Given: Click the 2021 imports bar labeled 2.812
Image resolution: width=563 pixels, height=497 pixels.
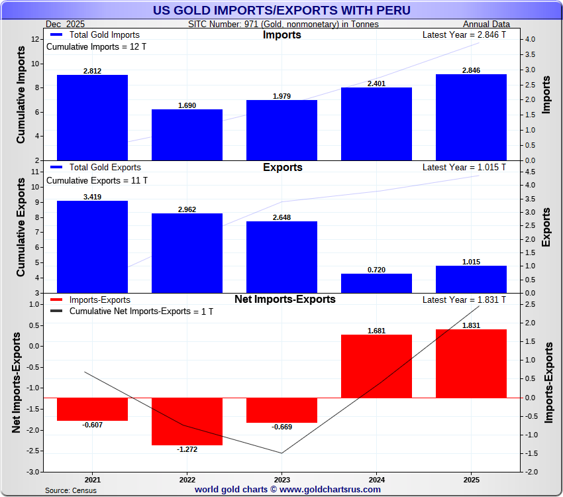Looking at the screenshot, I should pyautogui.click(x=92, y=117).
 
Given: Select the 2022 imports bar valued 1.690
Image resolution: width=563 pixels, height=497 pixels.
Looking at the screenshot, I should pyautogui.click(x=187, y=135).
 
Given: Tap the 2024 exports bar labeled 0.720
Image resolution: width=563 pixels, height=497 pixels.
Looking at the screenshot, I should pyautogui.click(x=376, y=283).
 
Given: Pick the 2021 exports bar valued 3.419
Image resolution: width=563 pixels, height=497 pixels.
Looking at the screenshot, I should pyautogui.click(x=92, y=247).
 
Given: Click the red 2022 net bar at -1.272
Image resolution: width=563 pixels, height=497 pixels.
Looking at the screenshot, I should pyautogui.click(x=187, y=421).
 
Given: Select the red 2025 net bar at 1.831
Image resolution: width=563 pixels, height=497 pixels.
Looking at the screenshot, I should pyautogui.click(x=471, y=363).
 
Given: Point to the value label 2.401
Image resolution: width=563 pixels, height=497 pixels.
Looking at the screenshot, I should pyautogui.click(x=376, y=83).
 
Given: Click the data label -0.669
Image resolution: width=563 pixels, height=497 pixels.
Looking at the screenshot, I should pyautogui.click(x=281, y=427).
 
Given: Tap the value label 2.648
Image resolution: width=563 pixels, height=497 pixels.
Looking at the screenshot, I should pyautogui.click(x=281, y=217).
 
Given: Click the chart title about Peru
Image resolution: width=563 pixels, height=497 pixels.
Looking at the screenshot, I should pyautogui.click(x=281, y=10).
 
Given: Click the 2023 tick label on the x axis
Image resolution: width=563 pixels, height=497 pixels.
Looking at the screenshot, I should pyautogui.click(x=281, y=480).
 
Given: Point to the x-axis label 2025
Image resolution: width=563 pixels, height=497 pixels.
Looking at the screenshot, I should pyautogui.click(x=471, y=480).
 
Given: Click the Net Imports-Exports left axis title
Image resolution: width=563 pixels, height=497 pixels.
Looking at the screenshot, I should pyautogui.click(x=17, y=383).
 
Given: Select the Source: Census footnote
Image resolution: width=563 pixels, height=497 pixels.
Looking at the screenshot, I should pyautogui.click(x=71, y=490).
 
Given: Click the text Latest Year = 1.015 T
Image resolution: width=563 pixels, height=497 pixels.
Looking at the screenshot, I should pyautogui.click(x=464, y=168).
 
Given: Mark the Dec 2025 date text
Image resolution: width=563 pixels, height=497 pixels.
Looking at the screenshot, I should pyautogui.click(x=66, y=25).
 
